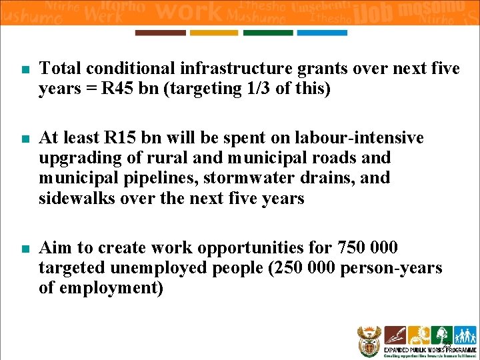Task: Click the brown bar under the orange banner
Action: pos(160,33)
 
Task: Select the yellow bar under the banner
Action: pos(213,33)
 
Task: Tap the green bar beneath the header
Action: pos(267,33)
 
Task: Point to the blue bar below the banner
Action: pos(321,33)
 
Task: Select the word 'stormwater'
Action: pos(248,178)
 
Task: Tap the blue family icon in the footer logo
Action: pos(464,335)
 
